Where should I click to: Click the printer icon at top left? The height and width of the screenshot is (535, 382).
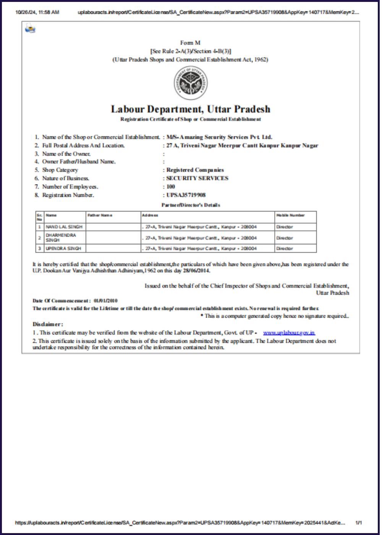[30, 28]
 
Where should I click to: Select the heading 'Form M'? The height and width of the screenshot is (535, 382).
[190, 43]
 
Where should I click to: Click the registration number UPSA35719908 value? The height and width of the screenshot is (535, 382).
[186, 195]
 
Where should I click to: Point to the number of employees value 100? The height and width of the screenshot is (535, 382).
[171, 186]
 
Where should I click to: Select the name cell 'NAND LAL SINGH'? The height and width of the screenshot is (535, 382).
[64, 227]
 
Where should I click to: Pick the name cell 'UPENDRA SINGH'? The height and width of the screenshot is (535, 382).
[63, 248]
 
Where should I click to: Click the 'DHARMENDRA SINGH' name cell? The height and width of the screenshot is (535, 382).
[61, 238]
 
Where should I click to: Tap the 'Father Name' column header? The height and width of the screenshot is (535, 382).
[100, 215]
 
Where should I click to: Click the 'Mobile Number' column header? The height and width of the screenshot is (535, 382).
[290, 215]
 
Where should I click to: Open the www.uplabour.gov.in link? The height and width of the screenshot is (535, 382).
[289, 332]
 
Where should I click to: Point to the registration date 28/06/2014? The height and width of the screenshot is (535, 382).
[196, 271]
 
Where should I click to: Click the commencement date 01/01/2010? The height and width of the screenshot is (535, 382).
[105, 300]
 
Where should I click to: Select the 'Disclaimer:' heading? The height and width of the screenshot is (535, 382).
[48, 324]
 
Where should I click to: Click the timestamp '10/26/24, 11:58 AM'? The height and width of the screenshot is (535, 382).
[37, 12]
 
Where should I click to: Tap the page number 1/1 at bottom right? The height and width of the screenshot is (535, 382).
[358, 523]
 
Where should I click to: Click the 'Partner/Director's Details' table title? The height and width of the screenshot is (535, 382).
[191, 205]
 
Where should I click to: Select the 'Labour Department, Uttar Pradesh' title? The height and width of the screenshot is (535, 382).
[191, 109]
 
